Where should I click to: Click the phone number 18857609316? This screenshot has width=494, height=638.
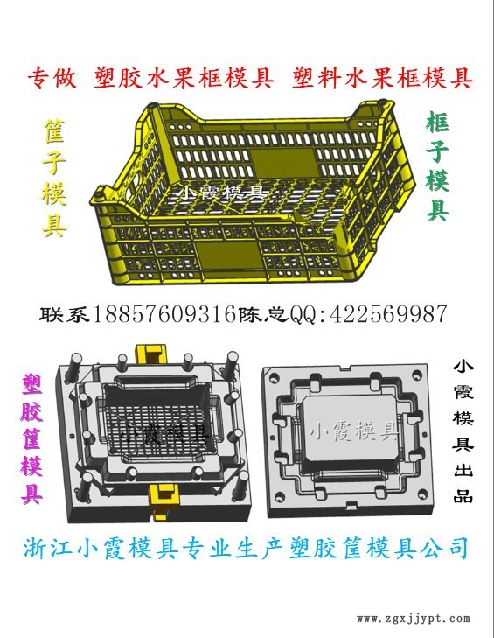pyautogui.click(x=164, y=314)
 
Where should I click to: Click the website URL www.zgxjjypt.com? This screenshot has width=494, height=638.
pyautogui.click(x=414, y=619)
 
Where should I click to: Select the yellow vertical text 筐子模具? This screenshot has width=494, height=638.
pyautogui.click(x=54, y=178)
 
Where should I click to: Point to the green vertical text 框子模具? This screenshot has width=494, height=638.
pyautogui.click(x=437, y=167)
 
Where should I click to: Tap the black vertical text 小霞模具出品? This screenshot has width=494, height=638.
pyautogui.click(x=463, y=431)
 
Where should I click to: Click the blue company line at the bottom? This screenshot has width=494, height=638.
pyautogui.click(x=247, y=548)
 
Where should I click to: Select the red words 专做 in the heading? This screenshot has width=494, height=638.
pyautogui.click(x=52, y=78)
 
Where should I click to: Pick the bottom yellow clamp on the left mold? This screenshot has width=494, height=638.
pyautogui.click(x=164, y=499)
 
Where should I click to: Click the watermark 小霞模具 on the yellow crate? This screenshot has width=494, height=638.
pyautogui.click(x=221, y=192)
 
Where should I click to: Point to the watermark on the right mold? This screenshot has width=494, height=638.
pyautogui.click(x=354, y=431)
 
